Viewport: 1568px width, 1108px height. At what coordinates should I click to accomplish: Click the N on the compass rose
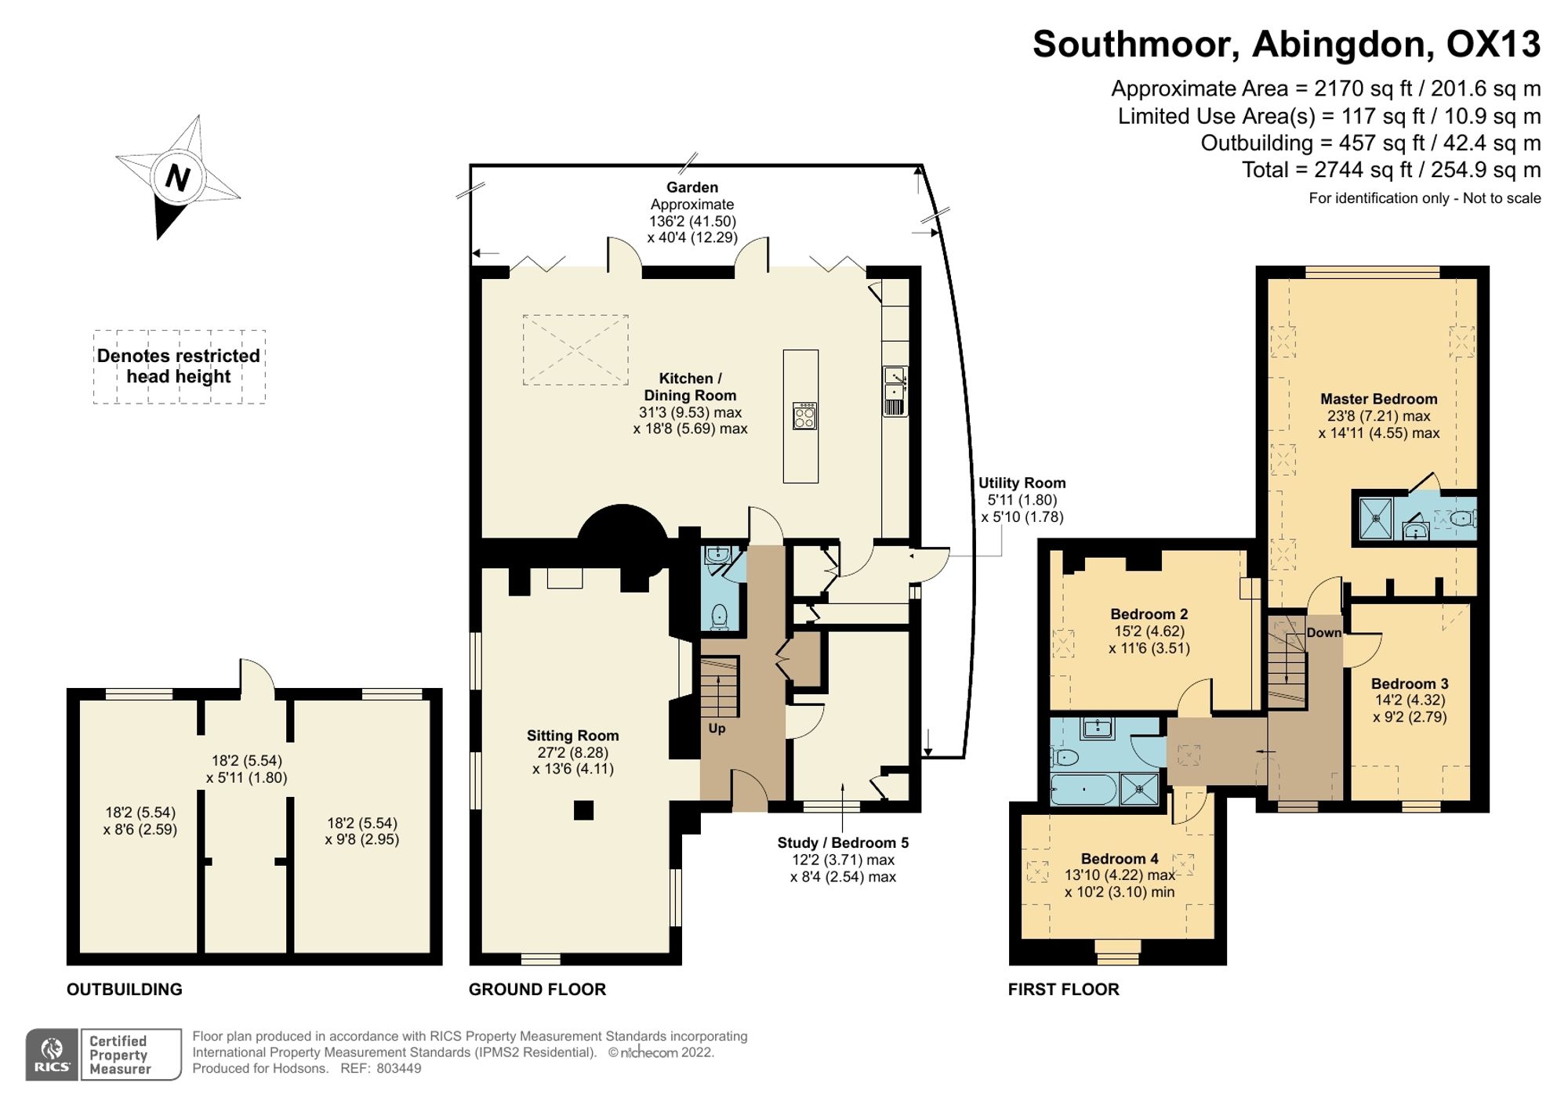(178, 178)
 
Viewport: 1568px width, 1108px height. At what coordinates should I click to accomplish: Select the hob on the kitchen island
(804, 415)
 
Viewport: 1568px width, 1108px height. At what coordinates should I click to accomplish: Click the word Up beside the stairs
(717, 729)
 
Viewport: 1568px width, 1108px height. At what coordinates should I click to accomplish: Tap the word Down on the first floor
(1323, 633)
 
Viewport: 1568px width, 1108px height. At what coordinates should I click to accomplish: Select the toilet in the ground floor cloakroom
(719, 617)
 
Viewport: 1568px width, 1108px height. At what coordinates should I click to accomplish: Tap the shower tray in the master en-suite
(1376, 518)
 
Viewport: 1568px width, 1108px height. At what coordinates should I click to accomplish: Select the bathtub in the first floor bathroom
(1083, 790)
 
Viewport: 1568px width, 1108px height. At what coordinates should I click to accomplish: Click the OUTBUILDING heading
(125, 990)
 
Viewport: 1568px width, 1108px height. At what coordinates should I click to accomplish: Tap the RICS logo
(52, 1055)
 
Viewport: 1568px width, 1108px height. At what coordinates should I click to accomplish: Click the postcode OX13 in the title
(1493, 44)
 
